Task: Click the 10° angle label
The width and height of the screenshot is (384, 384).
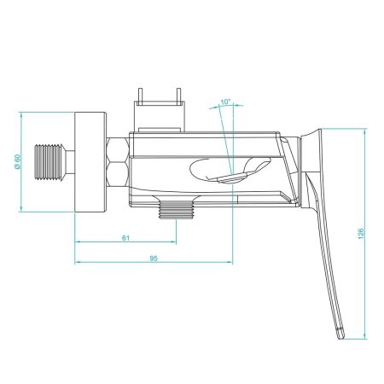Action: (x=225, y=102)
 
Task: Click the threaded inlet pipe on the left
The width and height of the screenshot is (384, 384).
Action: (x=51, y=162)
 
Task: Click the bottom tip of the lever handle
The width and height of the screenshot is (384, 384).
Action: (x=340, y=334)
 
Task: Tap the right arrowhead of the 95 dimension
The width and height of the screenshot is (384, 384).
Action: (x=229, y=262)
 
